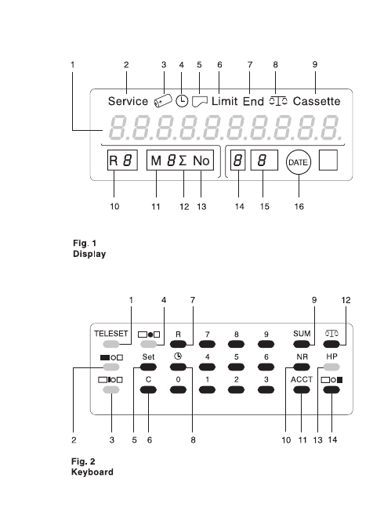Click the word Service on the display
tap(128, 101)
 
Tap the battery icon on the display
tap(163, 101)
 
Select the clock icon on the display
tap(182, 101)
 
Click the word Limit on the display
tap(224, 101)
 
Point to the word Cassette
tap(317, 101)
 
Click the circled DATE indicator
tap(299, 162)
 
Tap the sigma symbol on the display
tap(183, 161)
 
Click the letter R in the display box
tap(114, 161)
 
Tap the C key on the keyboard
tap(148, 389)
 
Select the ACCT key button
tap(301, 389)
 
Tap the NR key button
tap(301, 367)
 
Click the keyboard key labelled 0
tap(178, 389)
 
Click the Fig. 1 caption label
tap(85, 243)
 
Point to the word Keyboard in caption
tap(92, 472)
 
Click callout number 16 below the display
tap(299, 206)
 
